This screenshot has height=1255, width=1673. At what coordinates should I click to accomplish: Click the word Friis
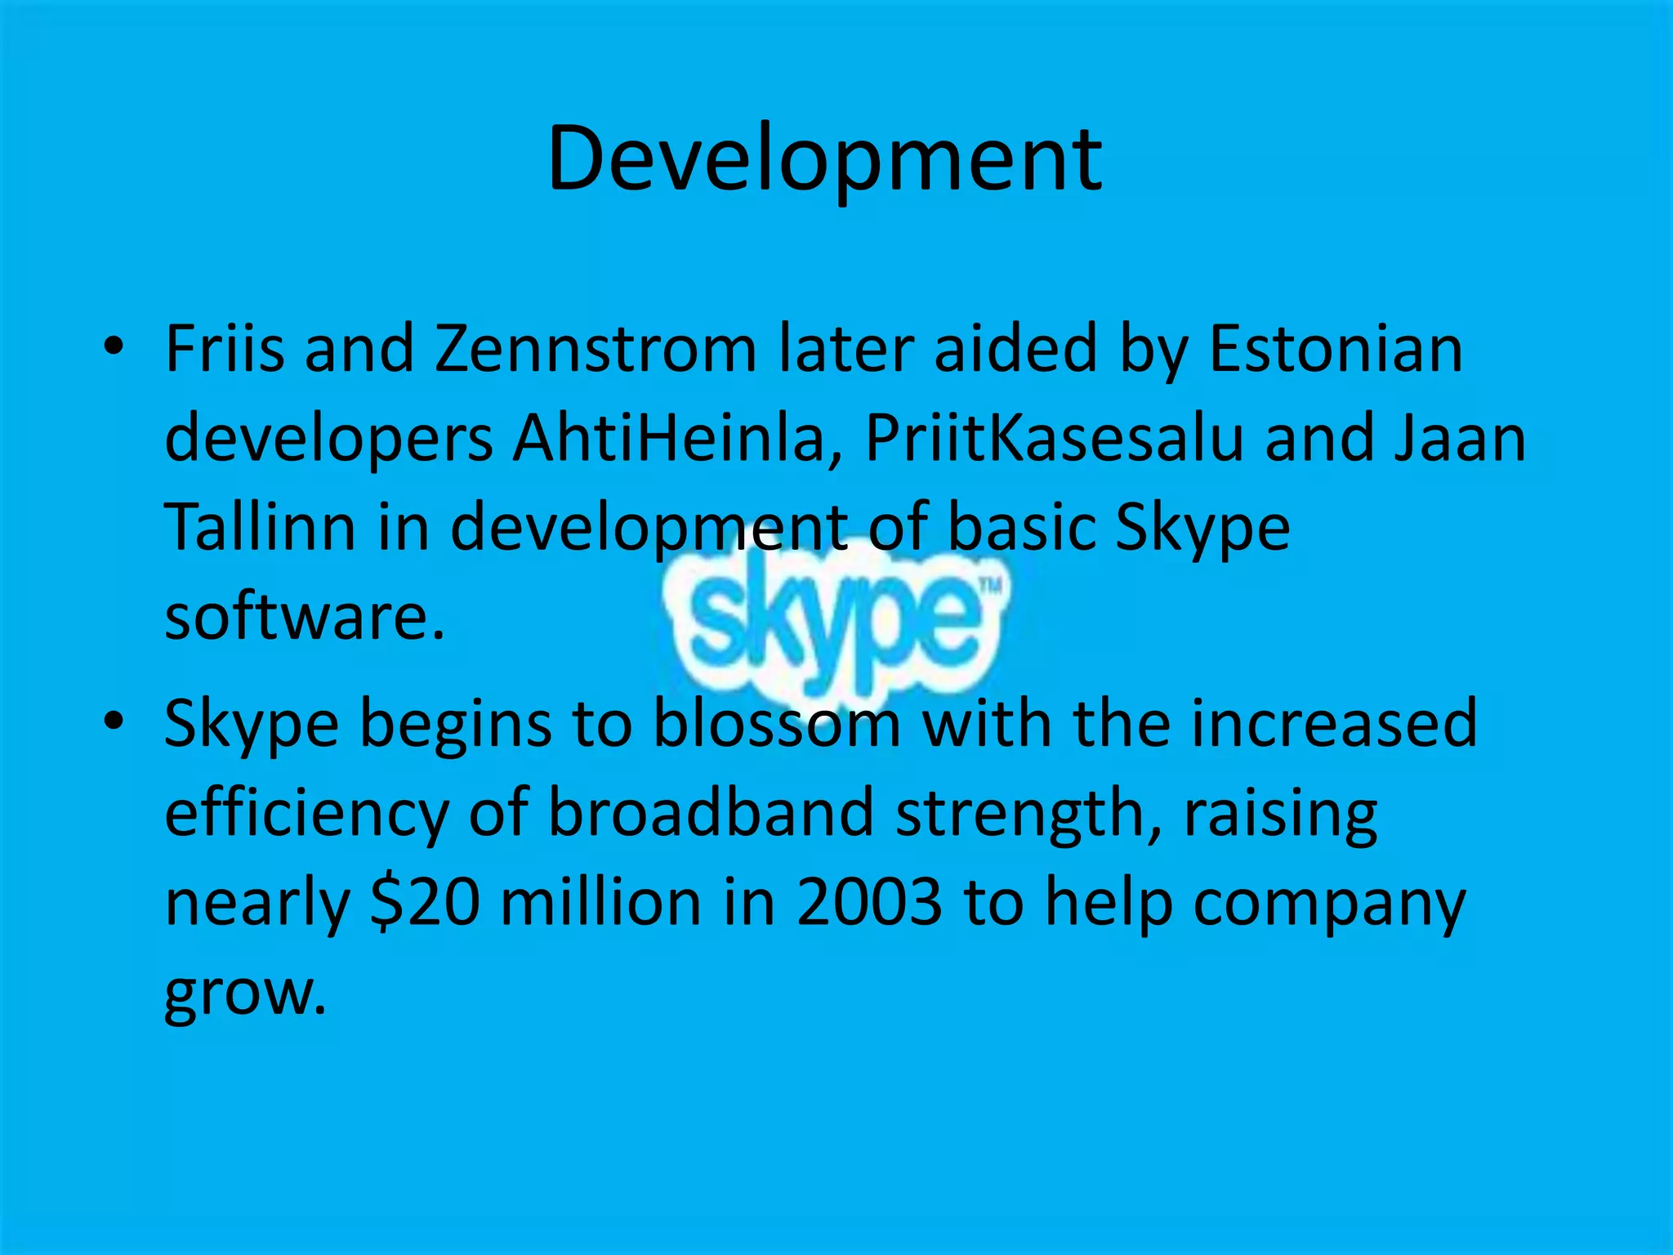pos(224,350)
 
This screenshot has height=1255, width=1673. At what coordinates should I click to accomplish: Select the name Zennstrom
pos(596,350)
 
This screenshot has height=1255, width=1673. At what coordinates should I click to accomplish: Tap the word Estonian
pos(1336,350)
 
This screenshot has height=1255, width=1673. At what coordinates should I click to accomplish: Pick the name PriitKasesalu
pos(1053,439)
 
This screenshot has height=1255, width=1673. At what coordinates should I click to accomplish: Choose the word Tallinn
pos(260,527)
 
